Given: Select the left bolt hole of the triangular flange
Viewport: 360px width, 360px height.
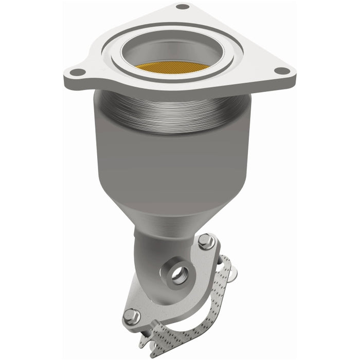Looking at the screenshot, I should (76, 73).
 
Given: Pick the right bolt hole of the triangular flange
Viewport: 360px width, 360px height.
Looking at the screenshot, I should (279, 71).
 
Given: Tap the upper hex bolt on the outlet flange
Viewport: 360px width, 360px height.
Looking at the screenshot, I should (205, 240).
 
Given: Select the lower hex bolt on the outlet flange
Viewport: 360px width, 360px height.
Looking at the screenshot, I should (130, 314).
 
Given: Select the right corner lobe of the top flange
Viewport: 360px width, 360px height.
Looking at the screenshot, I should (280, 75).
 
